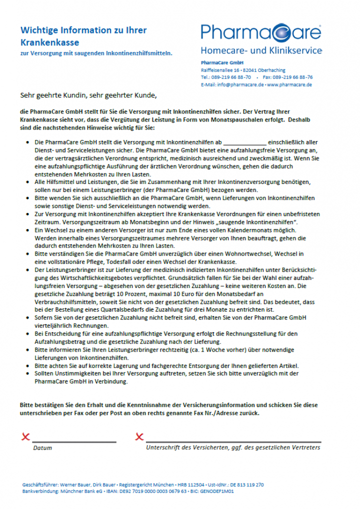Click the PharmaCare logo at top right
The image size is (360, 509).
pos(261,32)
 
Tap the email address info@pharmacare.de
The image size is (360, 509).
pos(232,85)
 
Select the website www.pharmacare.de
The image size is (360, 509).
pos(289,85)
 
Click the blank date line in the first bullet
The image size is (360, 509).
pos(244,142)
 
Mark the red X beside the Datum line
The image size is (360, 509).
pos(25,437)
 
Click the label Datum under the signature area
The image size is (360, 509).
pos(42,448)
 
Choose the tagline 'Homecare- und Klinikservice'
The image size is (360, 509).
pos(261,50)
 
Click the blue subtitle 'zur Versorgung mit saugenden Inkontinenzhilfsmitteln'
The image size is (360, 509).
pos(96,53)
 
